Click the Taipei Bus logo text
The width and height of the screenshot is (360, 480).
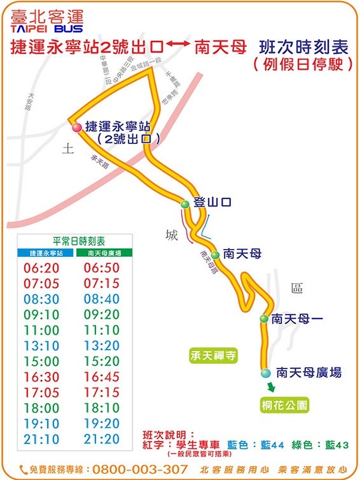[x=47, y=21]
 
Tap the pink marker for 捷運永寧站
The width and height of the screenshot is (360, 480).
[x=77, y=127]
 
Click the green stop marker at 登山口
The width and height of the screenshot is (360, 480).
[x=185, y=205]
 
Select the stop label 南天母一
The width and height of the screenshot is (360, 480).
[x=297, y=319]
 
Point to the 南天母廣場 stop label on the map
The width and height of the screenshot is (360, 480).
[x=309, y=373]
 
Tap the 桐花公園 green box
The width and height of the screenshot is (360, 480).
[x=285, y=406]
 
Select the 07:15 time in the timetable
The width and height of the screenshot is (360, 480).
[x=102, y=283]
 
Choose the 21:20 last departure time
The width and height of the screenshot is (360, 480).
[x=102, y=439]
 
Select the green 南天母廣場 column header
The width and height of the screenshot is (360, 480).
[x=102, y=254]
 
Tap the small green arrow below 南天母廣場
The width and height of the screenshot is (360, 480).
[x=271, y=388]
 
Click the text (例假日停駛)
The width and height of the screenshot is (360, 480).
[x=303, y=64]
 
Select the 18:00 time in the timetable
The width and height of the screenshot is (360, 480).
[x=41, y=408]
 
